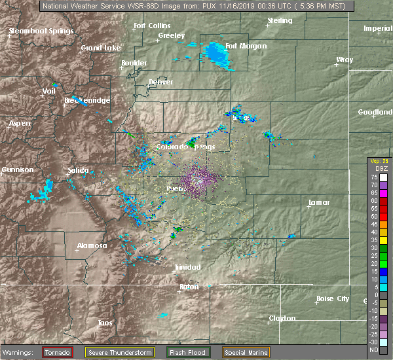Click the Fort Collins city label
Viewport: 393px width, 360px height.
(x=147, y=26)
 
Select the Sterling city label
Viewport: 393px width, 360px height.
(x=280, y=21)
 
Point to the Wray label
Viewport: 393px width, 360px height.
(x=345, y=60)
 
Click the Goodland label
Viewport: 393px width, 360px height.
(x=375, y=113)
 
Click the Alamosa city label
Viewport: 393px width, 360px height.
(x=92, y=246)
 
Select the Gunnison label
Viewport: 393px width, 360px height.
(x=17, y=170)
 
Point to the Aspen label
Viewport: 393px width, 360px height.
(x=19, y=124)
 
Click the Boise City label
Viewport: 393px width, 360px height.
(x=333, y=299)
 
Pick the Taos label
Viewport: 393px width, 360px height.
(x=105, y=323)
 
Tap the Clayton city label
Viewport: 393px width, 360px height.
(x=282, y=319)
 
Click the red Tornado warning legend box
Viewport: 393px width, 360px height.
(x=58, y=352)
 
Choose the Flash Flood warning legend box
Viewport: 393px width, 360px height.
(x=187, y=352)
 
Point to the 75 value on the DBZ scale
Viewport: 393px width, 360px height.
(x=373, y=177)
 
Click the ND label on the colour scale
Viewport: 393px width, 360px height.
(x=373, y=350)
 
